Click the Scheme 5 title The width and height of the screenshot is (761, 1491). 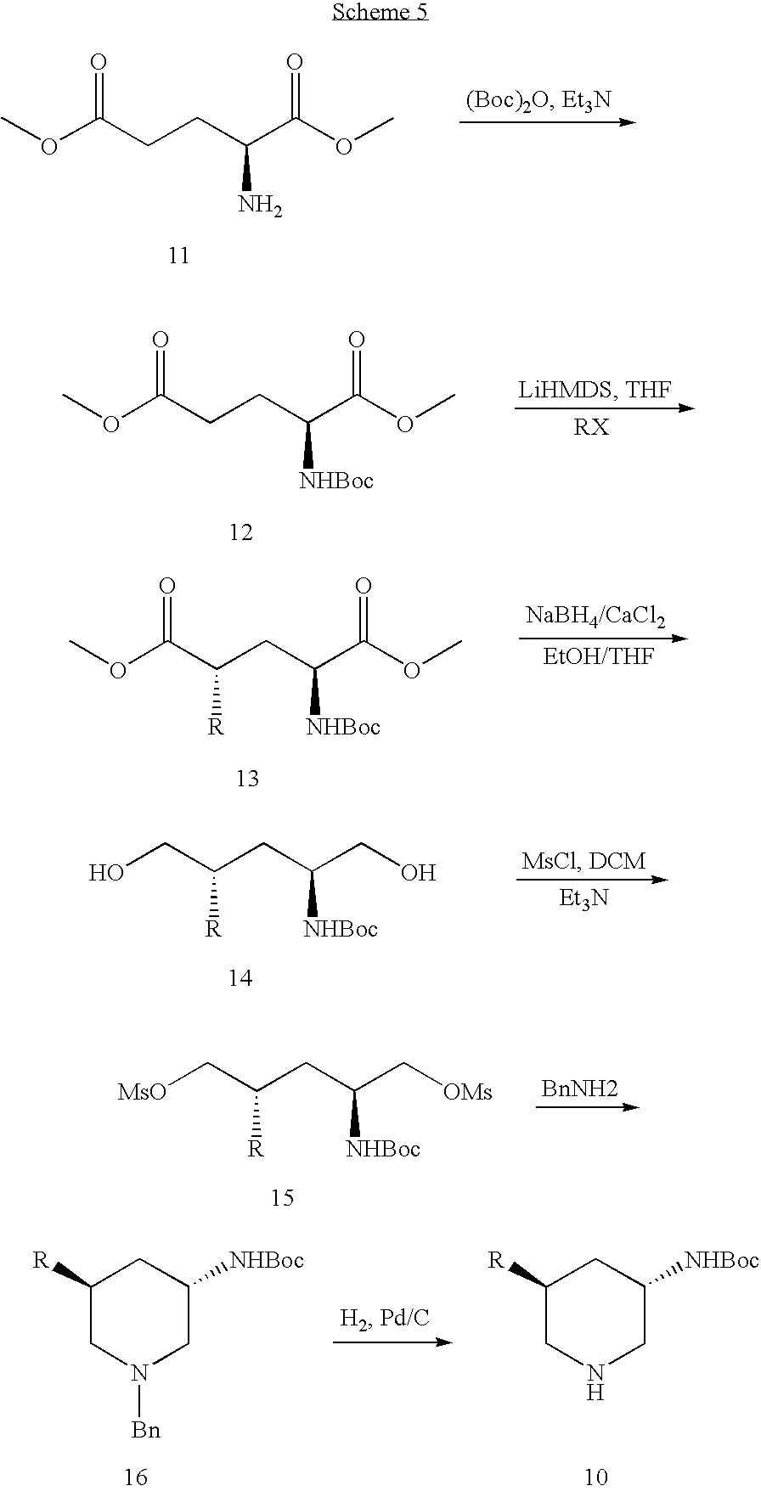point(380,12)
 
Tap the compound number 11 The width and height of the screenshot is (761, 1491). point(178,256)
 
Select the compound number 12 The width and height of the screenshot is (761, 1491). point(241,532)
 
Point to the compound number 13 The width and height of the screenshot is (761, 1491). point(247,778)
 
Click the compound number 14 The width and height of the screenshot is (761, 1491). point(240,978)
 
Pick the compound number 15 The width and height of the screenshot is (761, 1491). point(282,1197)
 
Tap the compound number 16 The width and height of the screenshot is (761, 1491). point(136,1477)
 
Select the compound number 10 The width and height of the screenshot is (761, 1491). point(596,1477)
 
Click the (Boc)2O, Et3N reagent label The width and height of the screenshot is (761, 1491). point(538,101)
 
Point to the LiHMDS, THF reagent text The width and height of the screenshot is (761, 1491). point(595,391)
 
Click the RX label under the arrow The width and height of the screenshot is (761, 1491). point(591,427)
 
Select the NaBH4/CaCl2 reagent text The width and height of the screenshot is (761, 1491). point(595,617)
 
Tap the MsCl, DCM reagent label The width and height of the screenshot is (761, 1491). point(583,861)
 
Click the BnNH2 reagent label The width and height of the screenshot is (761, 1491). point(579,1089)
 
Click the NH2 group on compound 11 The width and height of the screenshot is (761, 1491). point(260,206)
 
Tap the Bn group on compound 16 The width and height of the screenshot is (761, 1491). point(145,1431)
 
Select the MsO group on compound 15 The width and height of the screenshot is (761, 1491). point(142,1092)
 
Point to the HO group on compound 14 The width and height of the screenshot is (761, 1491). point(107,873)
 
